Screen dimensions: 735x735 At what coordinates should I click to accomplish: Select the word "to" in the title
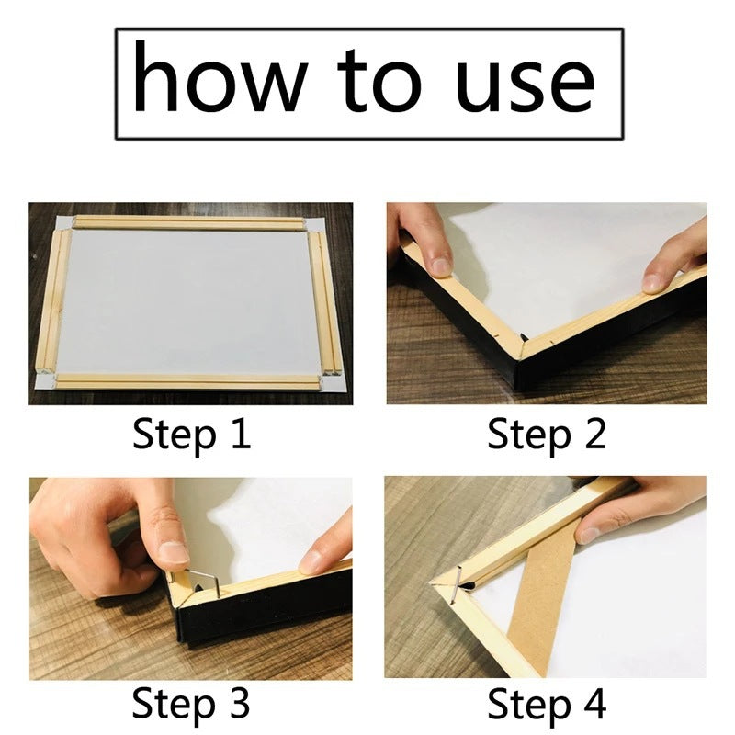click(379, 80)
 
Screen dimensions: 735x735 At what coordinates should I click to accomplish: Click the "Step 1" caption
click(191, 434)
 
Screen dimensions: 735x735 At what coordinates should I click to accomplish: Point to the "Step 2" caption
click(547, 434)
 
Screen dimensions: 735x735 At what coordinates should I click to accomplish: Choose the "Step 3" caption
click(191, 702)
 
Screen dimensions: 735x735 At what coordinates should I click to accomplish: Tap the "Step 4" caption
click(547, 703)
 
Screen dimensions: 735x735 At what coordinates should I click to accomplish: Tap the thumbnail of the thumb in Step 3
click(174, 554)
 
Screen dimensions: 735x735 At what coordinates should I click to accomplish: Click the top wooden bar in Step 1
click(188, 222)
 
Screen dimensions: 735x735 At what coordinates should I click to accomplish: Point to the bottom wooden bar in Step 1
click(187, 381)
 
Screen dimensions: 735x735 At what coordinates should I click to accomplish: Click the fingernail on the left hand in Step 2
click(440, 266)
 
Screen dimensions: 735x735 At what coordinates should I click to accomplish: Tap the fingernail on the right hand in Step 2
click(652, 283)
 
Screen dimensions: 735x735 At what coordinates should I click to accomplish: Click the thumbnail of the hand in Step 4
click(586, 535)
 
